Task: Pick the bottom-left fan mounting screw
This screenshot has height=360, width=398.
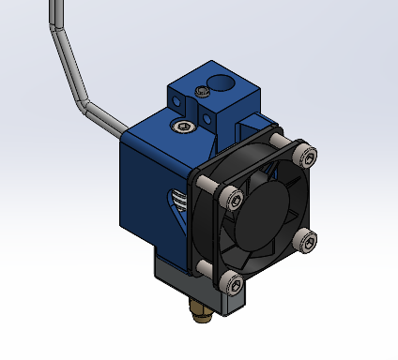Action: (x=231, y=280)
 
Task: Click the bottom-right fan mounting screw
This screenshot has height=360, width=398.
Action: (x=304, y=241)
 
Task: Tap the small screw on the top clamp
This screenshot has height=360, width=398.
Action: (x=203, y=91)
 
